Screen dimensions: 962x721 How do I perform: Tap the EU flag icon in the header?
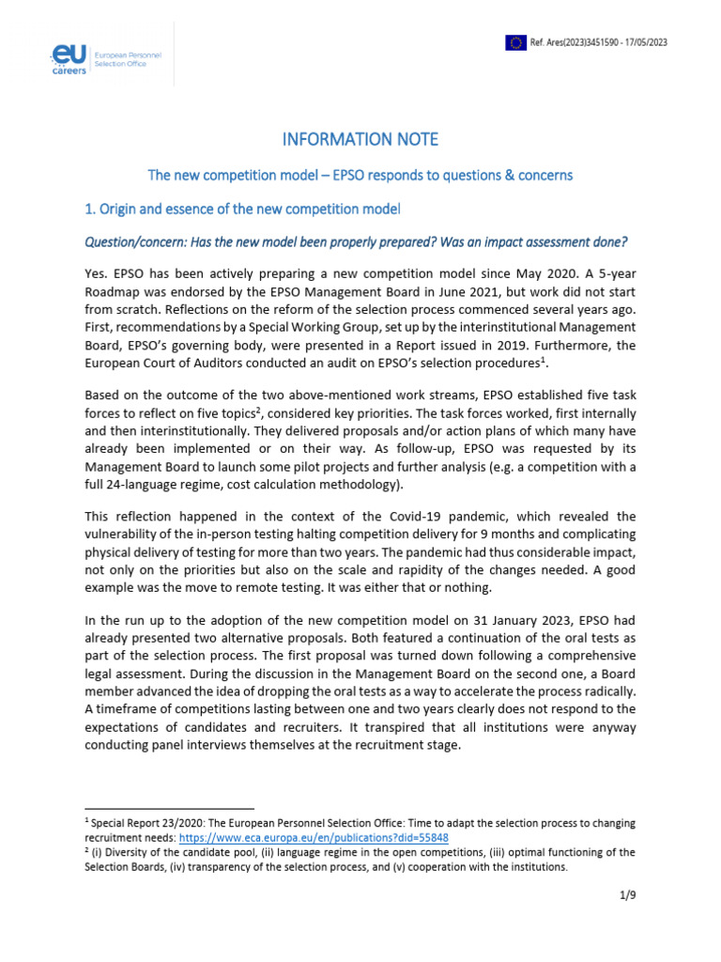[515, 41]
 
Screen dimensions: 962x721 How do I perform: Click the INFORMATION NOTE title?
[360, 140]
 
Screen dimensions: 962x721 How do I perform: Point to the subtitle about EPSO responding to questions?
[360, 175]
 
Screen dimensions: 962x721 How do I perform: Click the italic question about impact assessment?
[356, 242]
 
